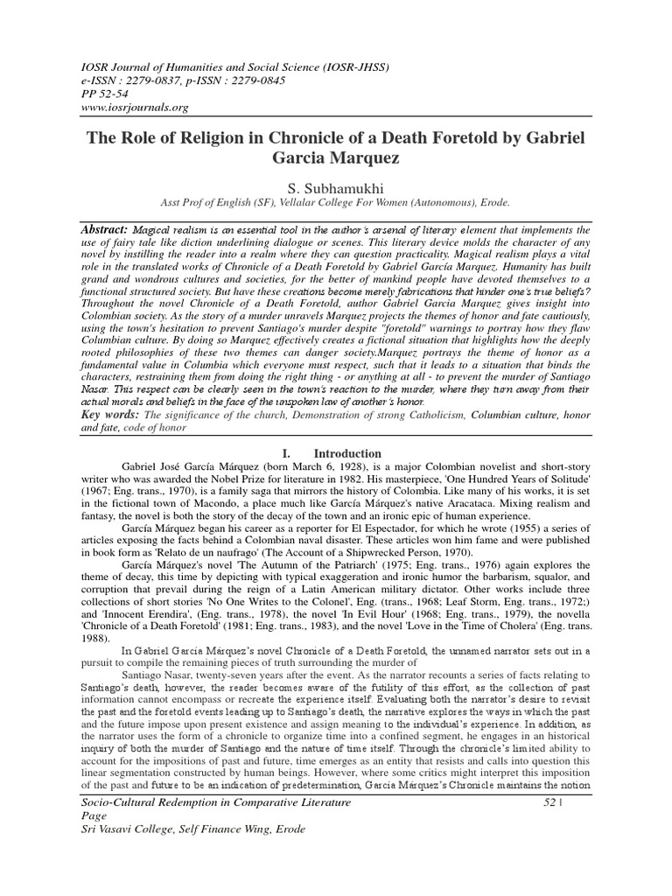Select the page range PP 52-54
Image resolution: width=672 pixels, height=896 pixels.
[102, 94]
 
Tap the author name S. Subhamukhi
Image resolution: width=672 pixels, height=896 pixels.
[336, 189]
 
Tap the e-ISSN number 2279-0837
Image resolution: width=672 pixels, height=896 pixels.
[155, 80]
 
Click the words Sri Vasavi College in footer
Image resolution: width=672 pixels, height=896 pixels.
[129, 830]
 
